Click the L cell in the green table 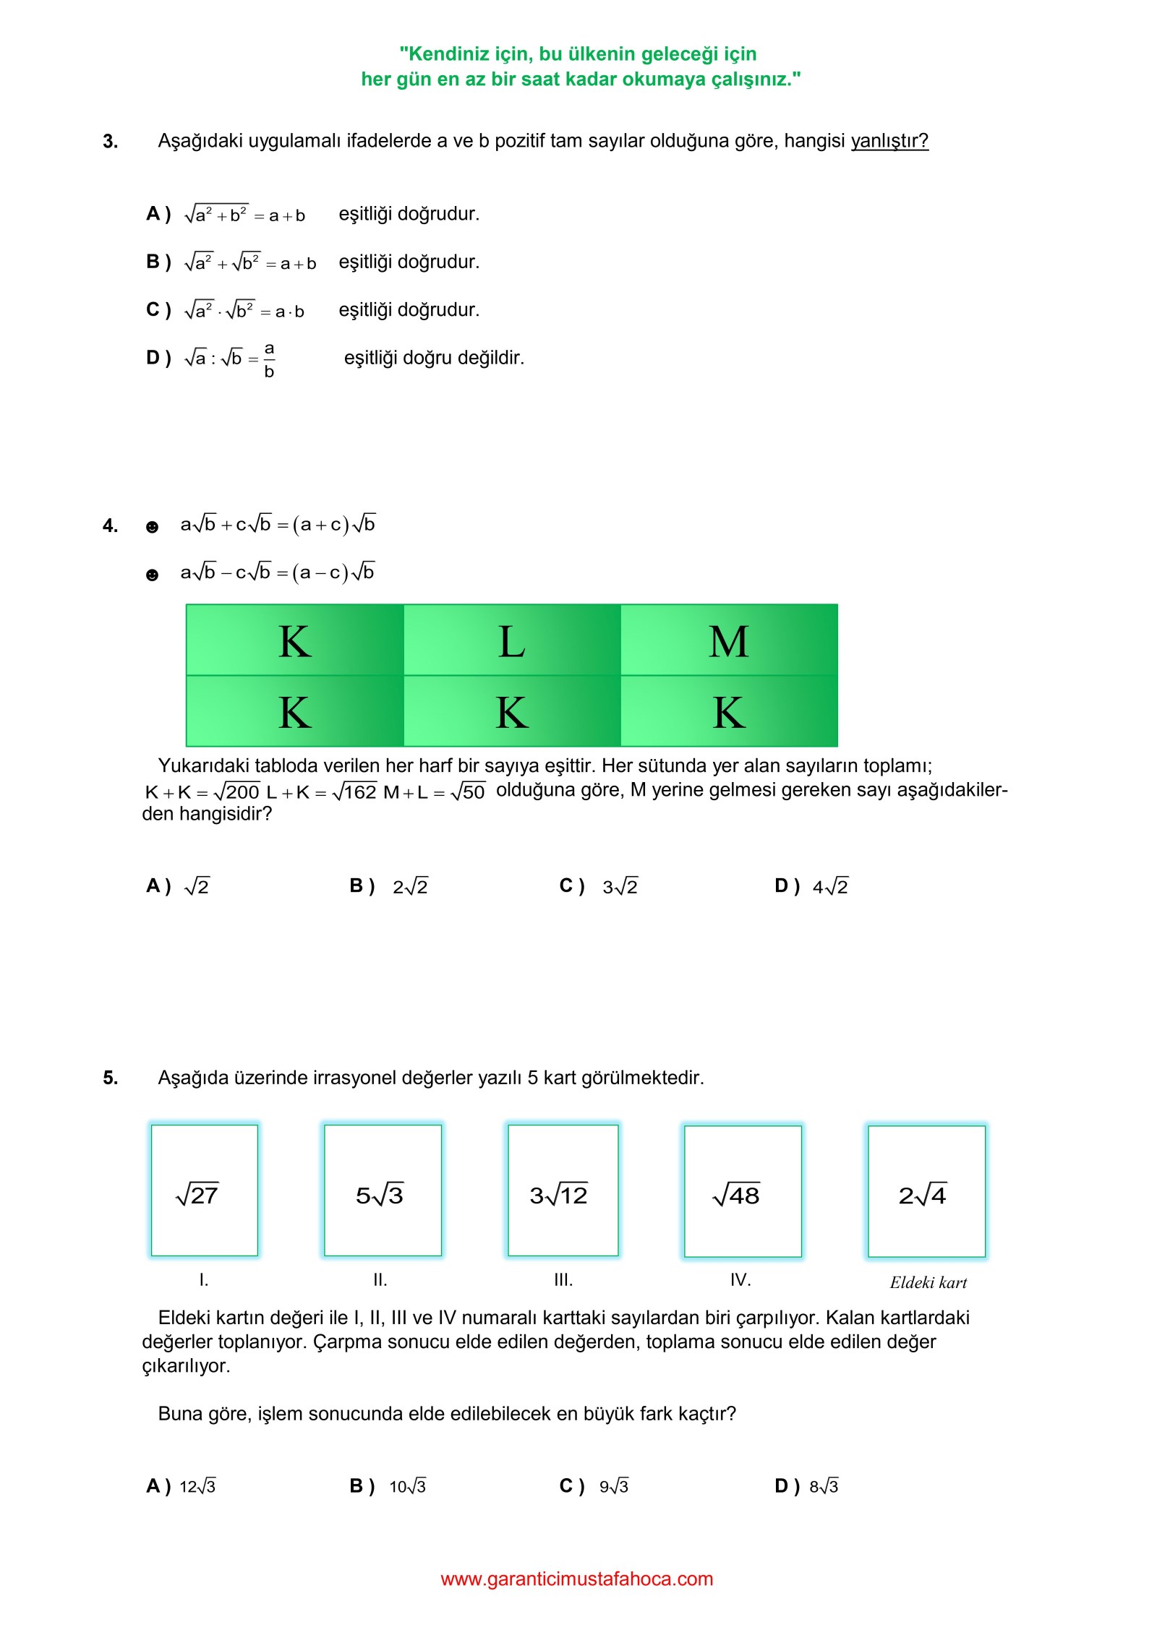[512, 640]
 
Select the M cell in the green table [729, 640]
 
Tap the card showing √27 [204, 1190]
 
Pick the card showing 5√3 [383, 1190]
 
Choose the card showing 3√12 [563, 1190]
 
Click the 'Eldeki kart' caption [928, 1282]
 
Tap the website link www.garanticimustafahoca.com [576, 1579]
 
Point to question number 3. [110, 141]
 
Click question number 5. [110, 1078]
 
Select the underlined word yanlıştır [889, 140]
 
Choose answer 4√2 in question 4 [830, 886]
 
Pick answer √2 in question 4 [197, 886]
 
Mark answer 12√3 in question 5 [197, 1486]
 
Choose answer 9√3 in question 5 [613, 1486]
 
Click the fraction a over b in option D [269, 359]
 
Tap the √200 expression [236, 791]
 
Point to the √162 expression [354, 791]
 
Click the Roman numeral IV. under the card [740, 1280]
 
